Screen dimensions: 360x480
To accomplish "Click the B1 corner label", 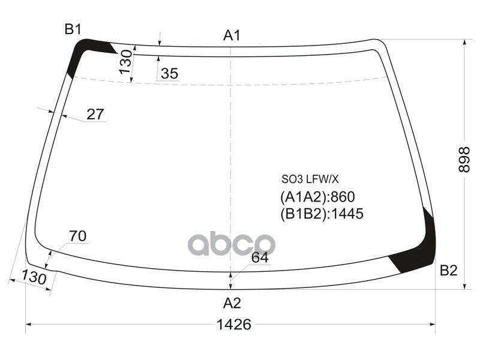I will pyautogui.click(x=73, y=28).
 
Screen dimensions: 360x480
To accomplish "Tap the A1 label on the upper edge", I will pyautogui.click(x=232, y=35).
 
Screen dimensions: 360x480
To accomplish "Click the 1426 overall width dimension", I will pyautogui.click(x=233, y=325).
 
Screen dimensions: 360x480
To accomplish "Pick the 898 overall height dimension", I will pyautogui.click(x=463, y=160).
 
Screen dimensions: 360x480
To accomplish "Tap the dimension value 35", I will pyautogui.click(x=169, y=74).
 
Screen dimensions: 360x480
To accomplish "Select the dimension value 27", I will pyautogui.click(x=95, y=114).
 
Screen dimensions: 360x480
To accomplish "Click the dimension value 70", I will pyautogui.click(x=77, y=236).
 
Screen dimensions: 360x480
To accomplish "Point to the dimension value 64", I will pyautogui.click(x=259, y=258).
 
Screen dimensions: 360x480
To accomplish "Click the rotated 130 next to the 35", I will pyautogui.click(x=125, y=62).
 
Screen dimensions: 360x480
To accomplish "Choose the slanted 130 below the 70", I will pyautogui.click(x=35, y=278).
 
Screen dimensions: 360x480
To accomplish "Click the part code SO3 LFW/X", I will pyautogui.click(x=310, y=178).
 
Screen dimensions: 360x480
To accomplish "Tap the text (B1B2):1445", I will pyautogui.click(x=322, y=214).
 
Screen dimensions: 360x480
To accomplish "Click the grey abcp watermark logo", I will pyautogui.click(x=232, y=244).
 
